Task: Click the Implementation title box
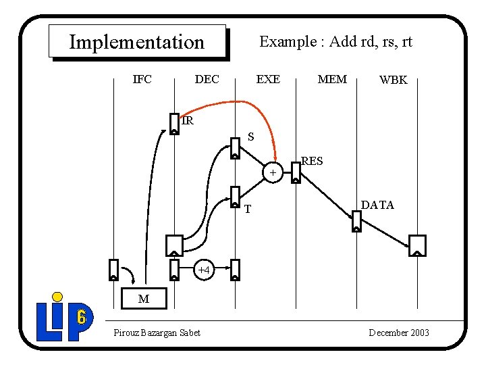tap(137, 42)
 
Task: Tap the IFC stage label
tap(142, 79)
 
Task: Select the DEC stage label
tap(207, 79)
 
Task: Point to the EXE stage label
tap(268, 79)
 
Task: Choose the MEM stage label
tap(332, 79)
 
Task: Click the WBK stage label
tap(394, 80)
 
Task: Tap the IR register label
tap(188, 121)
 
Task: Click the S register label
tap(250, 137)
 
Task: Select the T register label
tap(248, 210)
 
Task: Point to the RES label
tap(312, 161)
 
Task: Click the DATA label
tap(377, 205)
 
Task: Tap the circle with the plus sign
tap(273, 174)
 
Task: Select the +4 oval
tap(205, 270)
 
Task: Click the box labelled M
tap(143, 298)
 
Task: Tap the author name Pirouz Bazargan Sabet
tap(157, 333)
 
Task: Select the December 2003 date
tap(399, 333)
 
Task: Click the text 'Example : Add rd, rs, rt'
tap(335, 42)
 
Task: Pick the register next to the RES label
tap(296, 172)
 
